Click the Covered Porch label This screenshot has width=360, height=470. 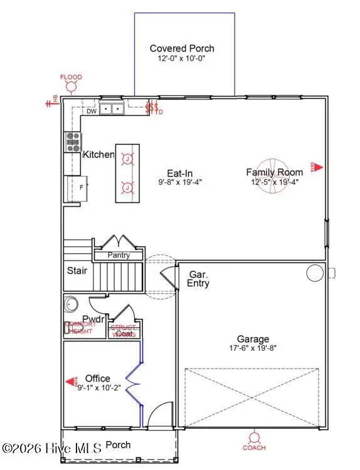[x=182, y=48]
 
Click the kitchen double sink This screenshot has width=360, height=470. [x=113, y=110]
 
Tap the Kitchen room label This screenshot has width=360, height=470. [x=98, y=154]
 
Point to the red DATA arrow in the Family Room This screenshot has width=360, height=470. [x=317, y=167]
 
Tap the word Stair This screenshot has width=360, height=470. [x=77, y=271]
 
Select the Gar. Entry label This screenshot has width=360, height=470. [x=199, y=279]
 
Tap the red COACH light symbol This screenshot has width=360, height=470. [x=254, y=437]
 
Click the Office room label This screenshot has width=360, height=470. [x=97, y=379]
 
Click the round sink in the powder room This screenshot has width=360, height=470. [x=71, y=306]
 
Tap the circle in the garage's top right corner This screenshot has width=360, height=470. [x=313, y=273]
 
